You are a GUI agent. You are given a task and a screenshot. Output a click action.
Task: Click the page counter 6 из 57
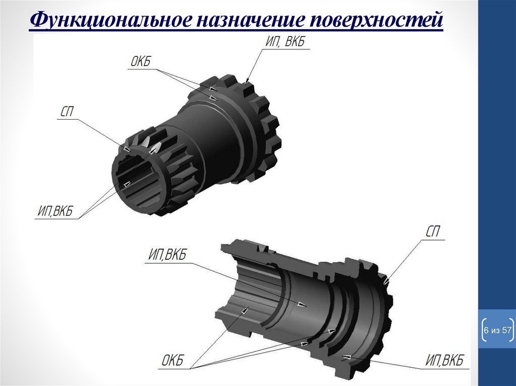[497, 330]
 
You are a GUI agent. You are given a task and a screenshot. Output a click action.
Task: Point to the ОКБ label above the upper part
[140, 61]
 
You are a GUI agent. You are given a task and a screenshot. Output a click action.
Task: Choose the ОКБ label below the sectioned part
[172, 361]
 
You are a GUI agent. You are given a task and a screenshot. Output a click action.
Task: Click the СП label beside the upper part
[67, 112]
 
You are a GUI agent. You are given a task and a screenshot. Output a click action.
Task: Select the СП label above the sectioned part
[432, 231]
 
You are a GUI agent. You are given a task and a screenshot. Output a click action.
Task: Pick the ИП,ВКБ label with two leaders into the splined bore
[55, 211]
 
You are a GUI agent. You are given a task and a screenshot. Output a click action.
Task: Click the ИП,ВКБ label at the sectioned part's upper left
[167, 255]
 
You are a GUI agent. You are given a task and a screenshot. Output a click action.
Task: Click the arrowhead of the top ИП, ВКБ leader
[247, 81]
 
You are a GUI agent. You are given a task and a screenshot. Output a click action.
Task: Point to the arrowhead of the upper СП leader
[127, 148]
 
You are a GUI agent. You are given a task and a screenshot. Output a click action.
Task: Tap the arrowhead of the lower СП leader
[386, 281]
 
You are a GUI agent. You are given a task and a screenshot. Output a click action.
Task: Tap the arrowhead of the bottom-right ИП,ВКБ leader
[345, 356]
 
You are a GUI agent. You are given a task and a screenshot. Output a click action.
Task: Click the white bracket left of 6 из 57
[484, 330]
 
